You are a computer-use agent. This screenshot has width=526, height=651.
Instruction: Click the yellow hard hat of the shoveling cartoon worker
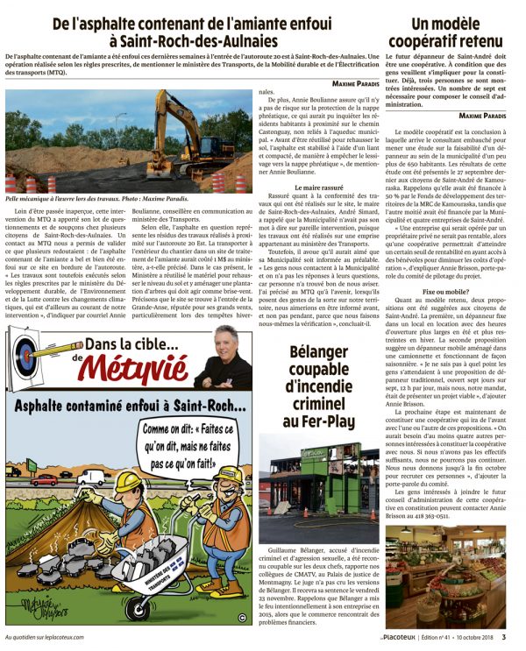pos(126,483)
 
